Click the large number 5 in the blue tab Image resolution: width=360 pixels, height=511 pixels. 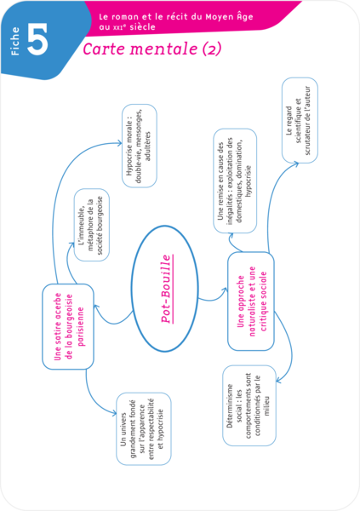[x=37, y=39]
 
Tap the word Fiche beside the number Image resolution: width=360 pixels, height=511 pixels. [x=15, y=41]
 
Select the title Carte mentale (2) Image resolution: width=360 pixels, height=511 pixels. [x=152, y=49]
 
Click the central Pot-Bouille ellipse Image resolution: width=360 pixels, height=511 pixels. [x=165, y=289]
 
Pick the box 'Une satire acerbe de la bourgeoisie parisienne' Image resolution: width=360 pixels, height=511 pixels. [x=68, y=326]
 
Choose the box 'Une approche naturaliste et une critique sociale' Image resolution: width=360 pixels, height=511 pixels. [x=251, y=301]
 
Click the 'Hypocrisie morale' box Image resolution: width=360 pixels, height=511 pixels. [x=140, y=146]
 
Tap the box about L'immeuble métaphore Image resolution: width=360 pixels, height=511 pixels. [x=92, y=225]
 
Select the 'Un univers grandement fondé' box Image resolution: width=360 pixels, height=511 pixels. [x=144, y=428]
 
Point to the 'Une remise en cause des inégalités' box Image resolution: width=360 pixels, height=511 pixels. [x=235, y=181]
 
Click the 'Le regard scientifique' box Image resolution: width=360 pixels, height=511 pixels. [x=300, y=120]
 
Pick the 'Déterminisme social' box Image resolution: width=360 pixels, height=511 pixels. [x=249, y=405]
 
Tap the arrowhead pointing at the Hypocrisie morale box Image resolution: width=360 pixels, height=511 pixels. [x=119, y=143]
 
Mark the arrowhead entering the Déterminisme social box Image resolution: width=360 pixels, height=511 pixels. [x=278, y=381]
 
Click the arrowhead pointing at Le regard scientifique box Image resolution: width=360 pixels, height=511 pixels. [x=295, y=164]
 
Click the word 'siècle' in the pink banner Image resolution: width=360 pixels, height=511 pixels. [x=142, y=27]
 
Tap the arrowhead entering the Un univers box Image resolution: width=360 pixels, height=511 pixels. [x=114, y=414]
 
